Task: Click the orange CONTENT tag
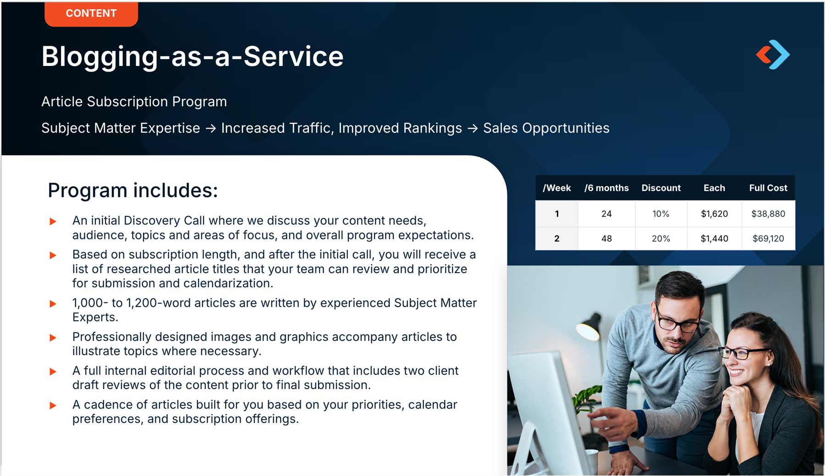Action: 91,13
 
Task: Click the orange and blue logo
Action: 773,55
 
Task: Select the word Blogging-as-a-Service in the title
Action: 192,57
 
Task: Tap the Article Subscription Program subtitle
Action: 134,101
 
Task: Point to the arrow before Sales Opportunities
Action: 473,128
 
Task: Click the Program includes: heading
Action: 133,190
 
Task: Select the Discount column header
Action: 661,188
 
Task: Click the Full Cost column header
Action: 768,188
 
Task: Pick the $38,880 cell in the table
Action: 768,213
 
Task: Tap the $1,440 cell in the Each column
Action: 714,238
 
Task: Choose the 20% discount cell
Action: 661,238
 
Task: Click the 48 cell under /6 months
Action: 606,238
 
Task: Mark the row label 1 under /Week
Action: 557,213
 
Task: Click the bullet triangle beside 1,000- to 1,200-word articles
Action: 53,304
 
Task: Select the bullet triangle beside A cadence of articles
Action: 53,405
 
